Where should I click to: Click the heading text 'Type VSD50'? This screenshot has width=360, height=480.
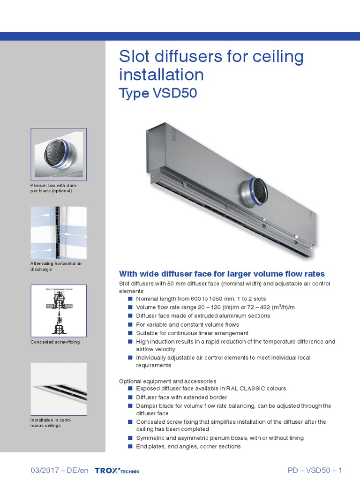(x=158, y=94)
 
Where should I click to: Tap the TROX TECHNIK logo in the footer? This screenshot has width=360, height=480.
(x=117, y=471)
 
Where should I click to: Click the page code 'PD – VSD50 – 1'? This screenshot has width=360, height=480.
(x=315, y=470)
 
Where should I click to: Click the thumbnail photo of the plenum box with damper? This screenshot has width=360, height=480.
(x=59, y=153)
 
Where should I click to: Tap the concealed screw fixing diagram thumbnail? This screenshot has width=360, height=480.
(x=59, y=310)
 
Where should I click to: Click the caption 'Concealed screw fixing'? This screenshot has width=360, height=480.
(x=55, y=342)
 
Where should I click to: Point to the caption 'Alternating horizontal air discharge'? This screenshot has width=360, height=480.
(x=56, y=266)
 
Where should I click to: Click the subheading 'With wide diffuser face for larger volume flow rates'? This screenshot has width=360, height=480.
(x=222, y=274)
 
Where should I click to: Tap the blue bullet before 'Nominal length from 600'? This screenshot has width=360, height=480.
(x=131, y=299)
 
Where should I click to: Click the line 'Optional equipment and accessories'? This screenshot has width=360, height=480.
(x=168, y=381)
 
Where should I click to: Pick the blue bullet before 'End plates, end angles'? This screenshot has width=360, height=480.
(x=131, y=447)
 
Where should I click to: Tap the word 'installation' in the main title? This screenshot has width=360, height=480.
(x=161, y=75)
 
